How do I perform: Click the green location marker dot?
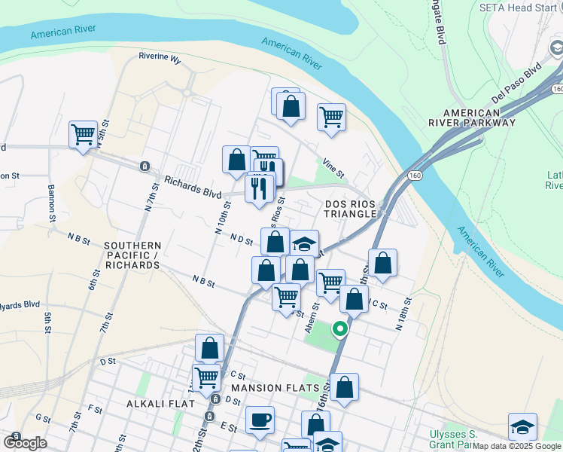coord(340,328)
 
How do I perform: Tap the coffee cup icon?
coord(260,420)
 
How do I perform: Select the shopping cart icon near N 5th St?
coord(83,135)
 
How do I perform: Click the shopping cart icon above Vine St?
coord(331,118)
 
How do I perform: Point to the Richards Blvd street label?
coord(193,187)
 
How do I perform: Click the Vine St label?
coord(333,168)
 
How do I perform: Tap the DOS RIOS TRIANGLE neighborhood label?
coord(350,209)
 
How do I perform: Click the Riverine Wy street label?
coord(160,56)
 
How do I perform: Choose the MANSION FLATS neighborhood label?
coord(270,388)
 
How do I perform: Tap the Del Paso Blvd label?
coord(516,86)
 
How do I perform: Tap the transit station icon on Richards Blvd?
coord(144,166)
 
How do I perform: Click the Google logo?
coord(25,443)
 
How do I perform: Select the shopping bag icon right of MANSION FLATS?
coord(344,387)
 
